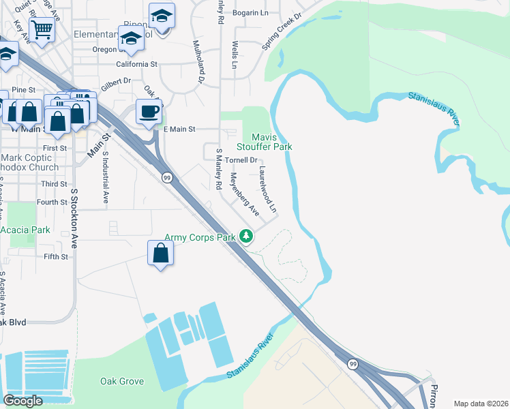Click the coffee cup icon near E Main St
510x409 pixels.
(149, 111)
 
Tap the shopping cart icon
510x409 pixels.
(42, 29)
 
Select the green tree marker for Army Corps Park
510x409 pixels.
(246, 237)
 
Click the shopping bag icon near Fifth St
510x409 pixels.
(160, 253)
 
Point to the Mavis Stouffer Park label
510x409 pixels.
(264, 142)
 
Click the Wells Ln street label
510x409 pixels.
(235, 54)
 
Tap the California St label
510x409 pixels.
(136, 64)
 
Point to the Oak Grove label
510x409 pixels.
(122, 381)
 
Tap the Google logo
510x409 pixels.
(23, 401)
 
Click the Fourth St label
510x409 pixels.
(52, 202)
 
